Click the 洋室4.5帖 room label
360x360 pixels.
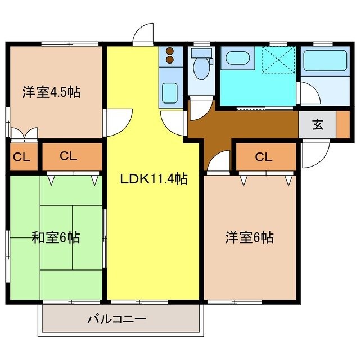51,92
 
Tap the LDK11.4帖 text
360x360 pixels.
154,179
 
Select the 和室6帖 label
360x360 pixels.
55,237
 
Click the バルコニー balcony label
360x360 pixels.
117,319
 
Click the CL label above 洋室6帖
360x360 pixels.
264,157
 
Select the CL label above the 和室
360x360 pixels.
69,157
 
